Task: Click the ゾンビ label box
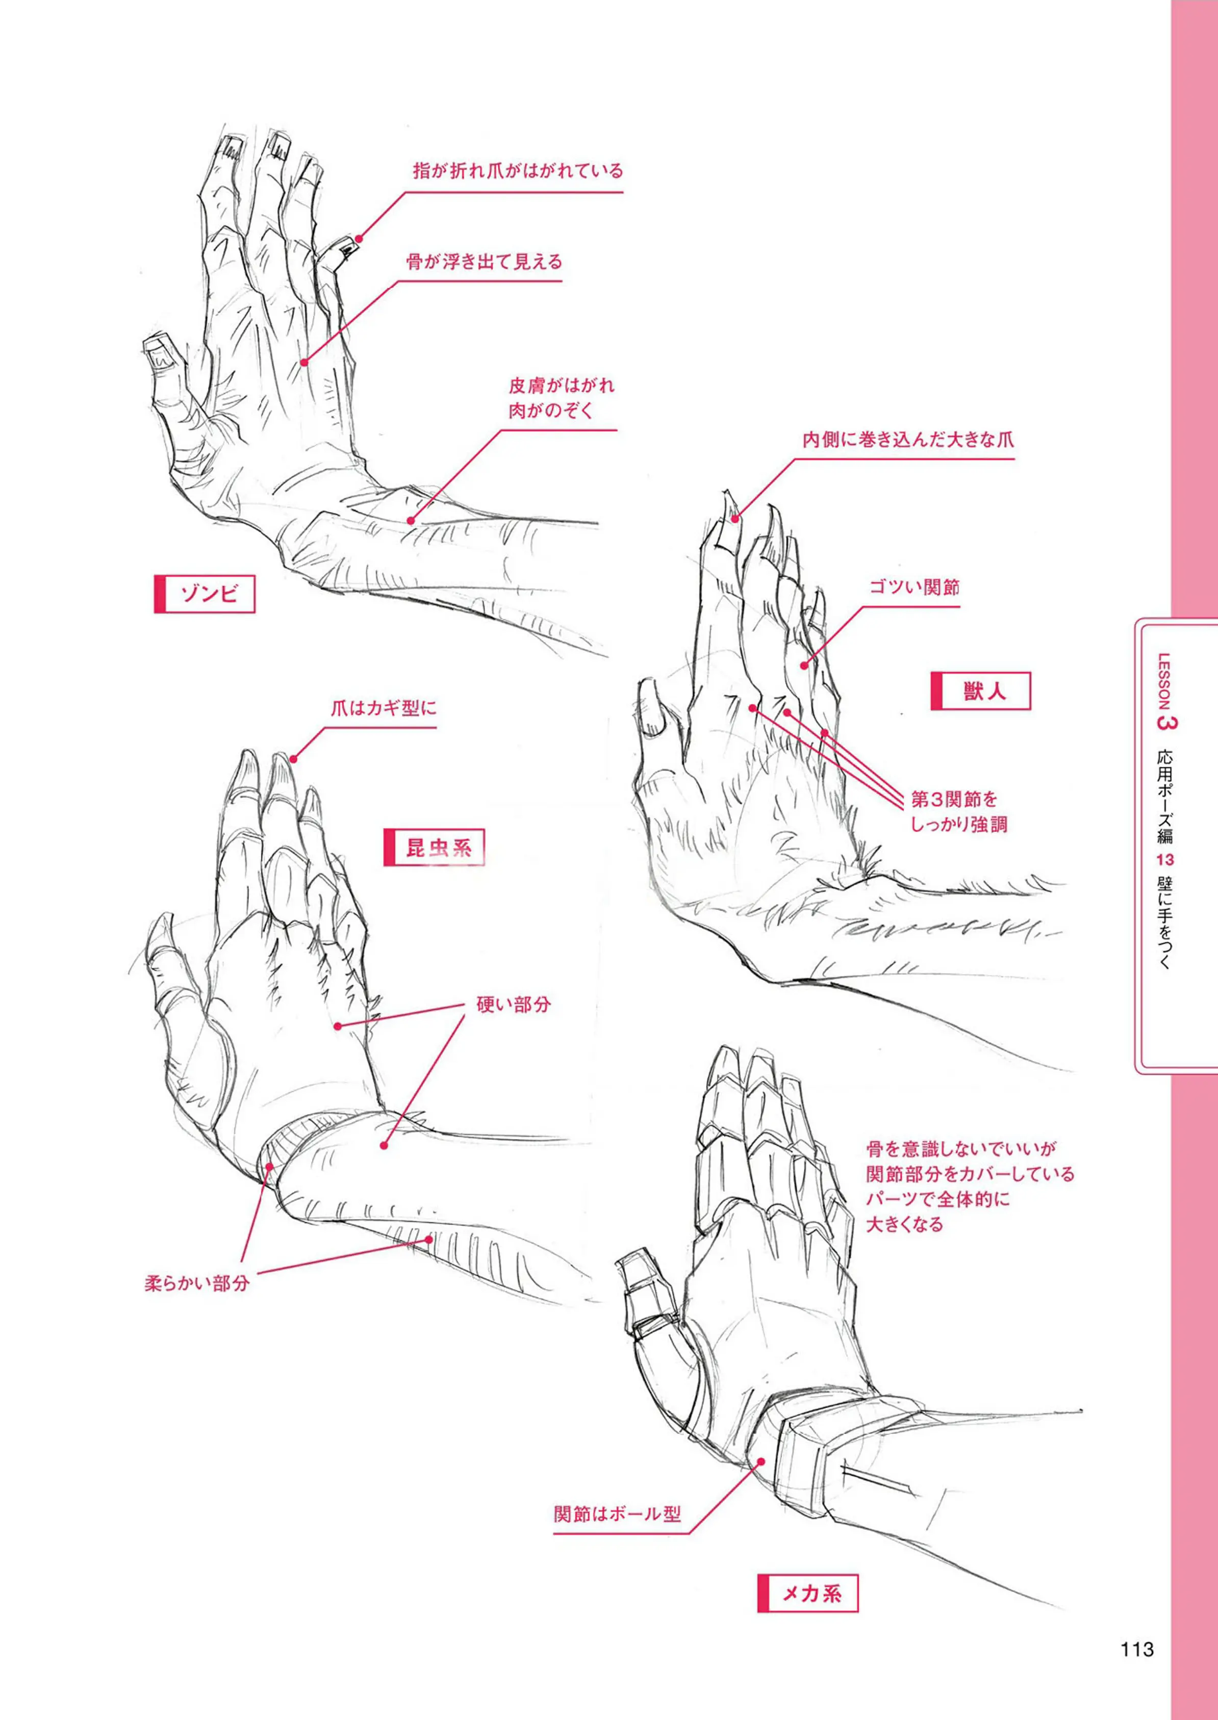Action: click(205, 595)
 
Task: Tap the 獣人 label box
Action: click(980, 690)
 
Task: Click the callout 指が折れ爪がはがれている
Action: click(518, 171)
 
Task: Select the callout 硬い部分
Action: click(514, 1005)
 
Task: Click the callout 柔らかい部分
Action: click(196, 1283)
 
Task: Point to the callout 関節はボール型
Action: click(617, 1514)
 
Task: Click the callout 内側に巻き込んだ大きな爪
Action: click(908, 440)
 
